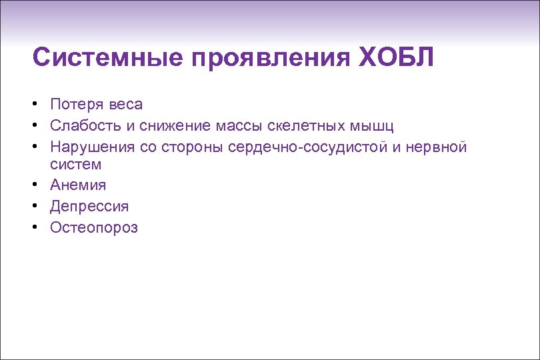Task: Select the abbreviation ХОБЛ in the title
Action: click(396, 57)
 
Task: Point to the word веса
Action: click(125, 104)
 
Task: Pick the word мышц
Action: click(375, 125)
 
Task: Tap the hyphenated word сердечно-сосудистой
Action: click(307, 146)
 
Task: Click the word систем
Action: click(75, 164)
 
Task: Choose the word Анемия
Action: click(77, 185)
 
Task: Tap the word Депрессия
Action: click(89, 207)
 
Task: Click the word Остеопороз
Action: click(93, 228)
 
